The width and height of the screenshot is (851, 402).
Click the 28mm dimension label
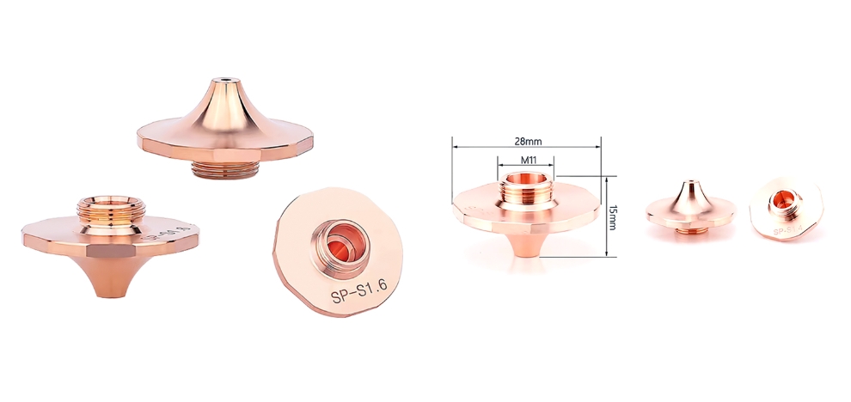(526, 140)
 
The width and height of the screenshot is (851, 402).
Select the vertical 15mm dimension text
(612, 217)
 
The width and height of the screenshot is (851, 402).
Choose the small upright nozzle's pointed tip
(689, 185)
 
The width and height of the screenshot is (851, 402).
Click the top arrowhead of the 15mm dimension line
(607, 180)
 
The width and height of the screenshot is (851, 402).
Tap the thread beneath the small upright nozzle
(689, 228)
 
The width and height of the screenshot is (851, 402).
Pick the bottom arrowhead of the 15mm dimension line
(607, 255)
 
